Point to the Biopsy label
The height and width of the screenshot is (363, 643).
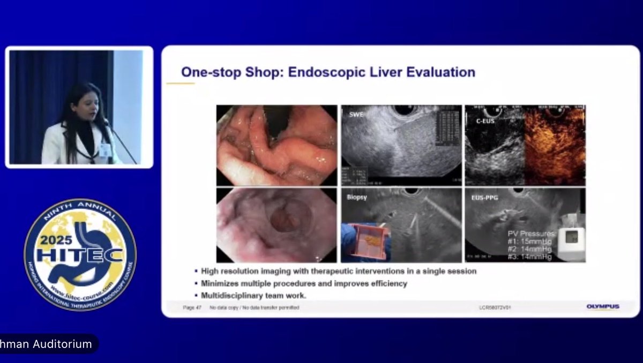coord(356,197)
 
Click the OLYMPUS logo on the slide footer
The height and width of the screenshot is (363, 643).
coord(603,307)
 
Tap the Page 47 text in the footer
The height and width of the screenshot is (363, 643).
coord(192,307)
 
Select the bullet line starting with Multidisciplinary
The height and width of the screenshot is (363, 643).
coord(251,295)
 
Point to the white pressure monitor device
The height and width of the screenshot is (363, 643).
coord(571,237)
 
